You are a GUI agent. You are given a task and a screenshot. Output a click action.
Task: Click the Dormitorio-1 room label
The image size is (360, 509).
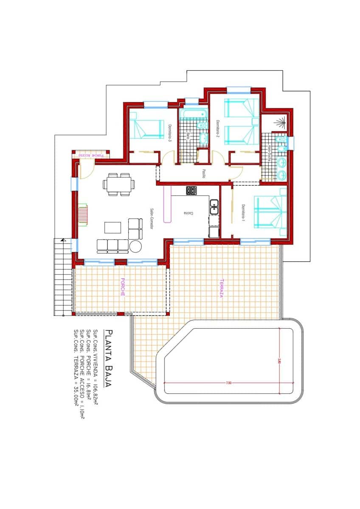pos(244,212)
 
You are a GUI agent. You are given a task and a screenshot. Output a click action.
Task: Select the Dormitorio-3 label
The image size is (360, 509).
pos(169,133)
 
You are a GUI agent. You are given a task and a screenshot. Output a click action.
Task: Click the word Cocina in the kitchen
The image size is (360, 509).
pos(186,213)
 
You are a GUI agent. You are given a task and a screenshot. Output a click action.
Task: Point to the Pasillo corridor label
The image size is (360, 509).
pos(204,174)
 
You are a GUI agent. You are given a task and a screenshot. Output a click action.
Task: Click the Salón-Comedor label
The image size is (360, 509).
pos(151,219)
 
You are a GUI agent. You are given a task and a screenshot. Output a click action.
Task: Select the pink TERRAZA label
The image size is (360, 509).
pos(222,288)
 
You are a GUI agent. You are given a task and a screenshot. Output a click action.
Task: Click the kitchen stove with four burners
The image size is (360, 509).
pos(191,190)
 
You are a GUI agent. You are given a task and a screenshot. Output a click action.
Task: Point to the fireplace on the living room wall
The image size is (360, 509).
pos(83,216)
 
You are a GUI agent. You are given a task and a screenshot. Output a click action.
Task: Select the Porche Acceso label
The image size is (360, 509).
pos(91,155)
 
